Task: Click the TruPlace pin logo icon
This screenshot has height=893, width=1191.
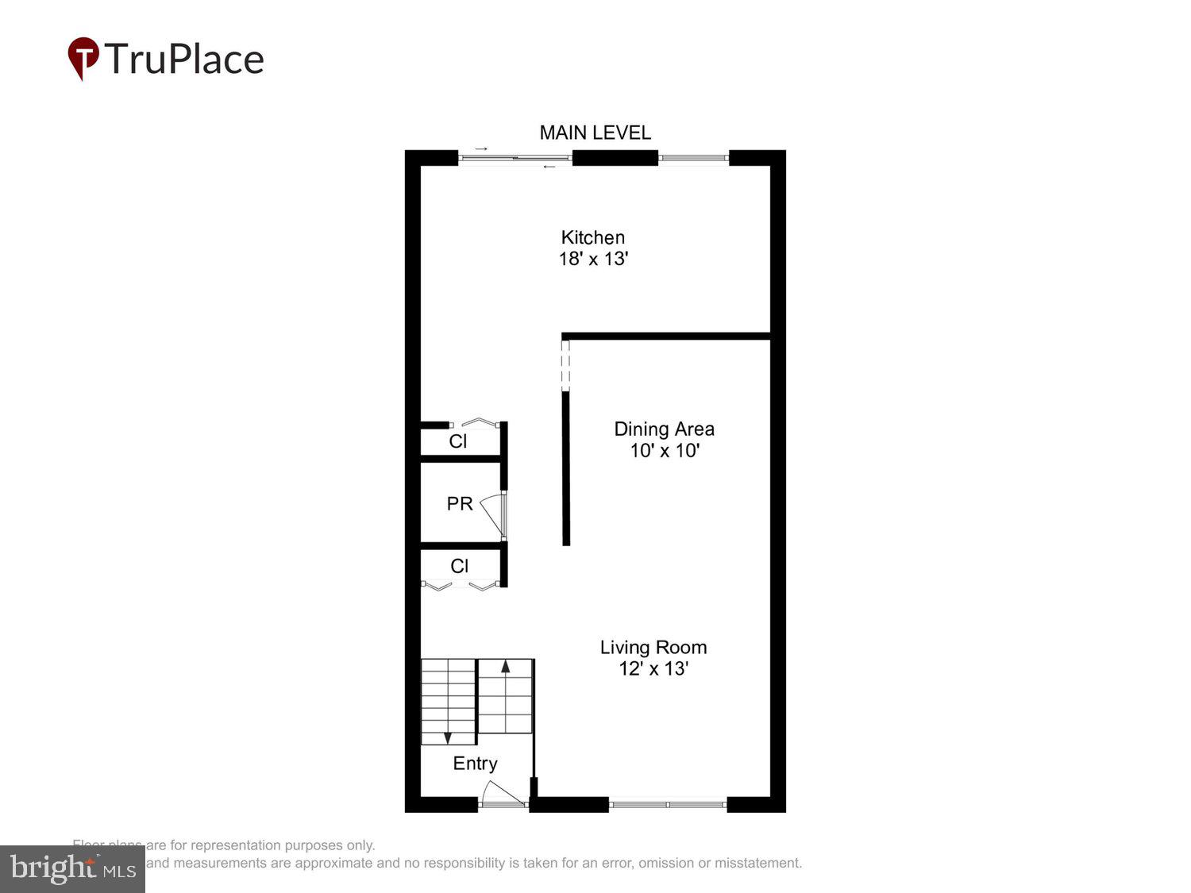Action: (x=83, y=58)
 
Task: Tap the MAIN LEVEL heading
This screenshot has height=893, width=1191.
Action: (x=595, y=133)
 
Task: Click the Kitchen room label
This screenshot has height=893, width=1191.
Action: (x=593, y=237)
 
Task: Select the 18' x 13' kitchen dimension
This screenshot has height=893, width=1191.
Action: (x=593, y=259)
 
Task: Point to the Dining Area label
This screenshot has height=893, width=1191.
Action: (x=664, y=429)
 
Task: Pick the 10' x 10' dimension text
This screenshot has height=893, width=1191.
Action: (x=664, y=451)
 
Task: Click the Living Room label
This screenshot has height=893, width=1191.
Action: (x=653, y=648)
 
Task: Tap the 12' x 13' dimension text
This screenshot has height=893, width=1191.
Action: (x=653, y=669)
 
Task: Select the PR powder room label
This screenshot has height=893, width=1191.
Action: (x=460, y=504)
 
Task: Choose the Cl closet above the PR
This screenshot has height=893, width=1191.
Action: (x=458, y=441)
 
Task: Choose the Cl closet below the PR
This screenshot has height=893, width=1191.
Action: (x=459, y=566)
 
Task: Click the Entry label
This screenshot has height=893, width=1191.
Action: (x=475, y=764)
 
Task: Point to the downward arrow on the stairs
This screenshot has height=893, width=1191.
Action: (x=448, y=737)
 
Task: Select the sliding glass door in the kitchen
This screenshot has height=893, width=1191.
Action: (x=515, y=158)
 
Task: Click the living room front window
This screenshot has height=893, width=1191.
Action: (x=668, y=805)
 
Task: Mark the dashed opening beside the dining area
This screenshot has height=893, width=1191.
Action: (x=565, y=364)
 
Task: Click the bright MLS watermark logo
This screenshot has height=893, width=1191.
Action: (x=72, y=868)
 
